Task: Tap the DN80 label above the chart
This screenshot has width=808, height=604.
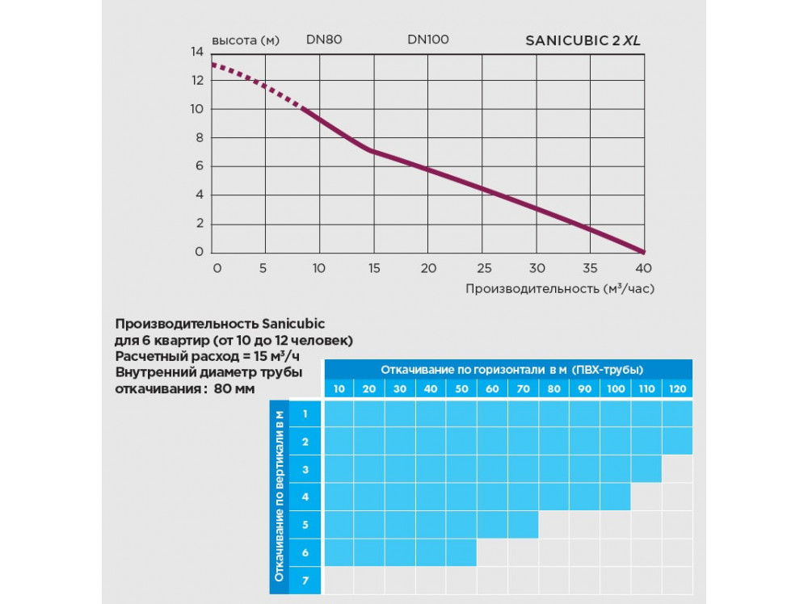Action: point(323,39)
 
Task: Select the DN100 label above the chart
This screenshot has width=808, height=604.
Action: point(427,39)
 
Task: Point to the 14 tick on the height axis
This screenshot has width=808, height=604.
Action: point(197,52)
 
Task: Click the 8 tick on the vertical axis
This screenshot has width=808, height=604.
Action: point(197,138)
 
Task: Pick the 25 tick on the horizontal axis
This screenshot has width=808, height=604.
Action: point(483,268)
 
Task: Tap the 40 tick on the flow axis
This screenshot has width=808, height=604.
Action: point(644,268)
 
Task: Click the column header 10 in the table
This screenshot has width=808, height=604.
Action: point(339,388)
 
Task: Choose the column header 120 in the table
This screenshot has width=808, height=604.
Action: point(677,388)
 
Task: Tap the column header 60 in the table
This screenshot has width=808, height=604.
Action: point(492,388)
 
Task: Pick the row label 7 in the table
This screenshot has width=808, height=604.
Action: point(305,581)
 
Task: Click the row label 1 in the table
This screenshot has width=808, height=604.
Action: point(305,413)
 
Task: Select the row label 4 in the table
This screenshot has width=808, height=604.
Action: point(305,497)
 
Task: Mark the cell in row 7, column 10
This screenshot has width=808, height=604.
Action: point(339,581)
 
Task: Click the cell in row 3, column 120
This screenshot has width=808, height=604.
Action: point(677,469)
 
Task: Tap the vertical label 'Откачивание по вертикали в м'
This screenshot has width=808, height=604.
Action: point(278,497)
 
